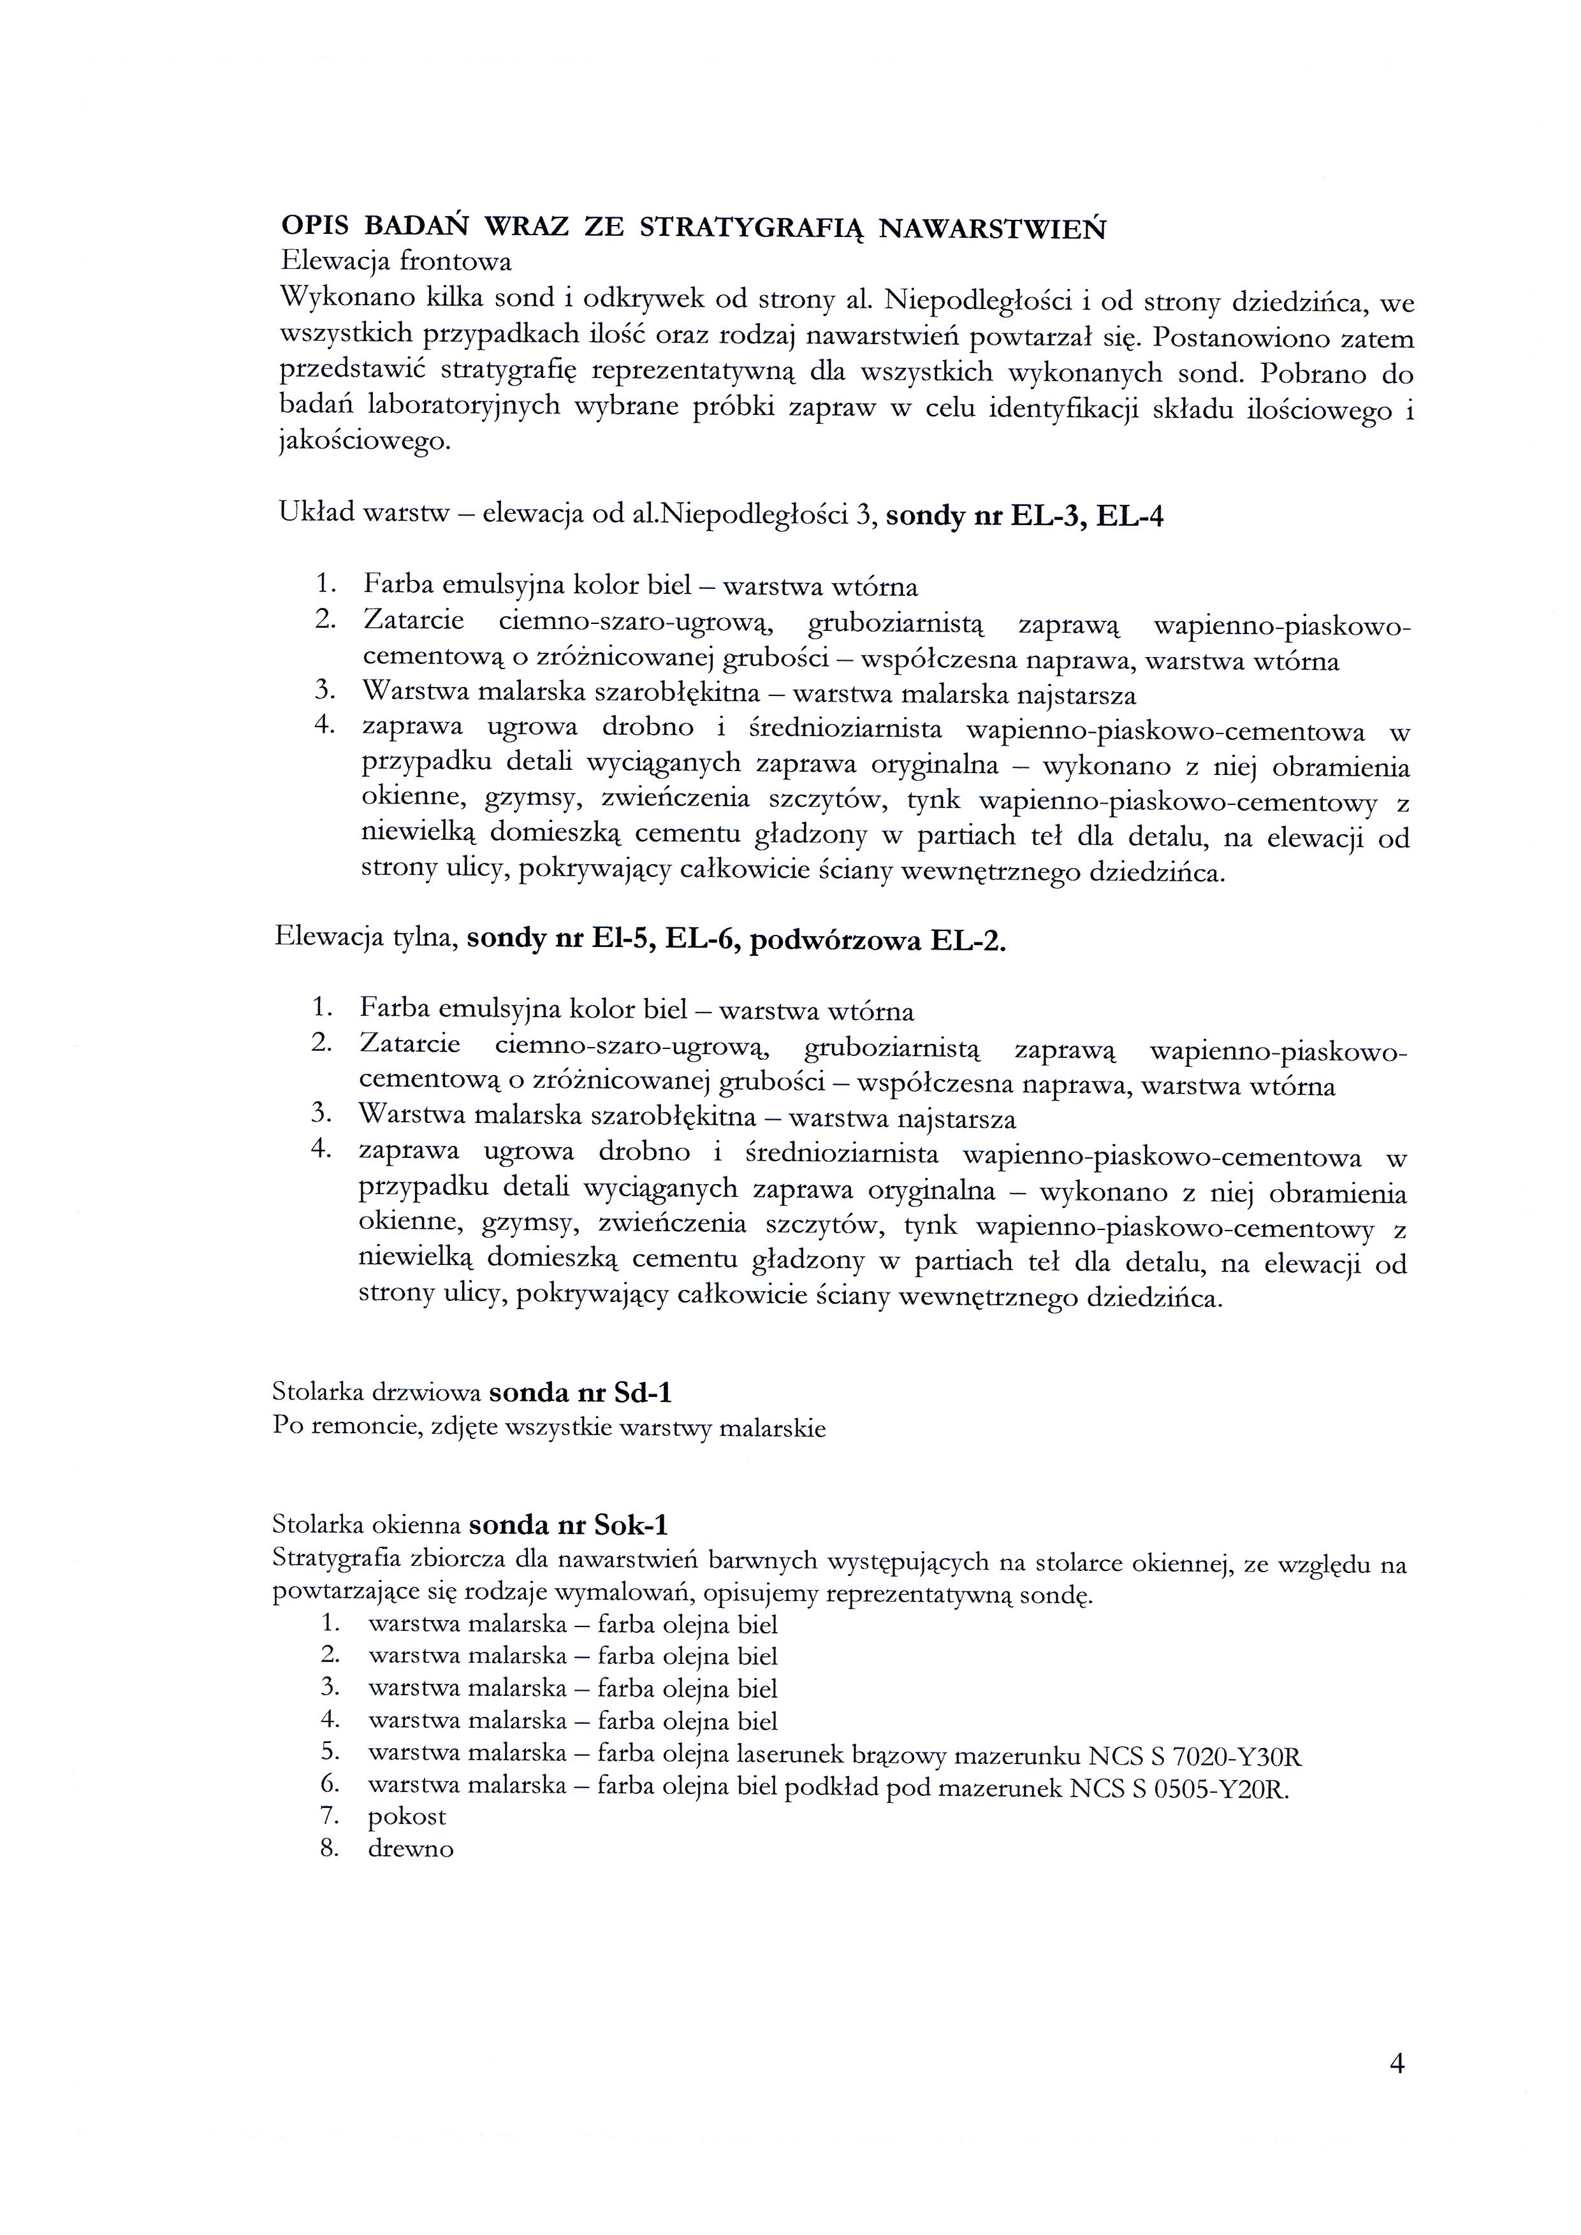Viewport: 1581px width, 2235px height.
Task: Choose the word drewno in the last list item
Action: click(410, 1849)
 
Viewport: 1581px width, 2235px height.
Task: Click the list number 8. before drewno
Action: click(328, 1849)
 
